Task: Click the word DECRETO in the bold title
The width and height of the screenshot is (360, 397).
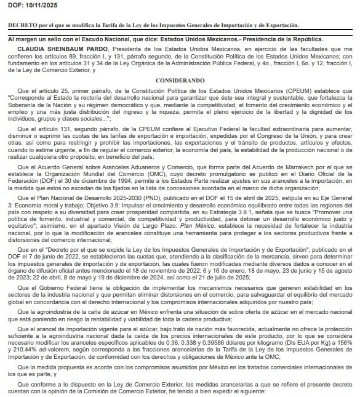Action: [x=22, y=25]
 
